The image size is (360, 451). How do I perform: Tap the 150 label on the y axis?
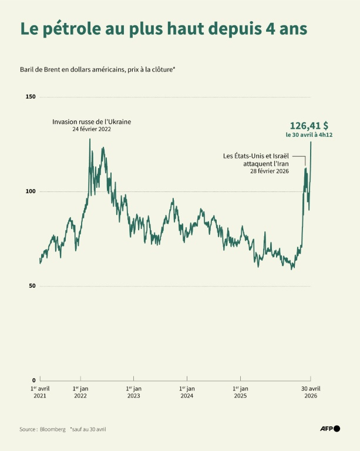pyautogui.click(x=31, y=97)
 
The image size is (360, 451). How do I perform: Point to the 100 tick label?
pyautogui.click(x=31, y=191)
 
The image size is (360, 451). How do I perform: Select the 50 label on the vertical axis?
pyautogui.click(x=32, y=286)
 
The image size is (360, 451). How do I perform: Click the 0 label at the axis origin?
pyautogui.click(x=33, y=381)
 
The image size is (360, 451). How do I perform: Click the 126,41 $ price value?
pyautogui.click(x=309, y=125)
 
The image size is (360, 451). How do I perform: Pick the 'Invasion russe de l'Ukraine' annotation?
pyautogui.click(x=92, y=122)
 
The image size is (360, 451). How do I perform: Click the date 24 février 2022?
pyautogui.click(x=92, y=129)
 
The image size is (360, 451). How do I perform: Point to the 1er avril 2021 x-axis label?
pyautogui.click(x=40, y=392)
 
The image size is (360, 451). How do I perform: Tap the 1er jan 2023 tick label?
pyautogui.click(x=133, y=392)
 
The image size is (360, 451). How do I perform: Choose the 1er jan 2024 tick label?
pyautogui.click(x=187, y=392)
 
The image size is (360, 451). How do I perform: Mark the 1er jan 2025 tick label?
pyautogui.click(x=240, y=392)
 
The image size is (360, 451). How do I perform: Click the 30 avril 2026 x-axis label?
pyautogui.click(x=311, y=392)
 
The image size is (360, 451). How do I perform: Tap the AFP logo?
pyautogui.click(x=329, y=429)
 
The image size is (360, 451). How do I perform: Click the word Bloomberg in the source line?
pyautogui.click(x=53, y=429)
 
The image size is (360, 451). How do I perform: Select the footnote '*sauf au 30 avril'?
pyautogui.click(x=88, y=429)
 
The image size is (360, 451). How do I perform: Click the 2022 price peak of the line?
pyautogui.click(x=90, y=139)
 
